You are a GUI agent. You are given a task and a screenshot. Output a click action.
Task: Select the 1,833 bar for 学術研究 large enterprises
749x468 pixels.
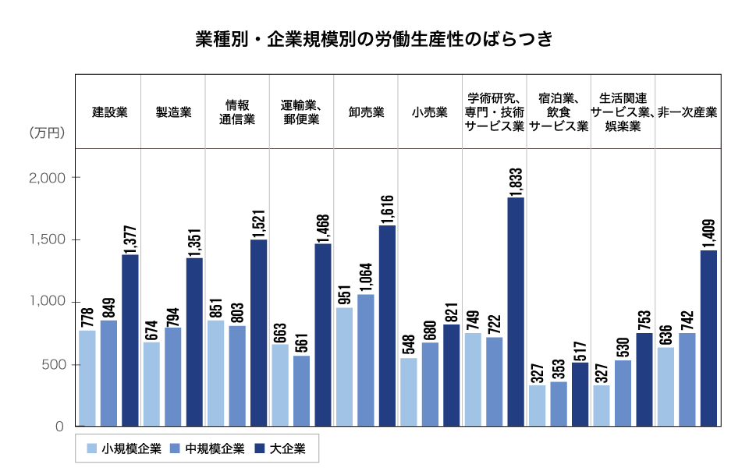coord(516,312)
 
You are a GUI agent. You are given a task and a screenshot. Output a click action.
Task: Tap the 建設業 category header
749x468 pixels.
coord(110,112)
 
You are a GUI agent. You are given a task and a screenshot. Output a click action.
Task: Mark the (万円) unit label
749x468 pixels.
coord(46,134)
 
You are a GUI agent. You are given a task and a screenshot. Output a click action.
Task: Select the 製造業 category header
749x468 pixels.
coord(173,112)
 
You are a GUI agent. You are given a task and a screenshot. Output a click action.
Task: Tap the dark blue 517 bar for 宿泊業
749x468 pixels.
coord(580,395)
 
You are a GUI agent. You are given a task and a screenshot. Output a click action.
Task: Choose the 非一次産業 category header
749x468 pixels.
coord(687,112)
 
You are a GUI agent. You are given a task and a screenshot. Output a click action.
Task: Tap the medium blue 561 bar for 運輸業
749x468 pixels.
coord(302,392)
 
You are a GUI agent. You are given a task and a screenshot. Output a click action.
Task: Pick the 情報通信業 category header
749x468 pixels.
coord(237,112)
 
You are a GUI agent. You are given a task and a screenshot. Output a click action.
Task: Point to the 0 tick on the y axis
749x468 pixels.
coord(59,427)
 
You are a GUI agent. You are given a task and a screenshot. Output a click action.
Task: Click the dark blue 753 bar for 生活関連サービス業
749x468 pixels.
coord(644,380)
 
